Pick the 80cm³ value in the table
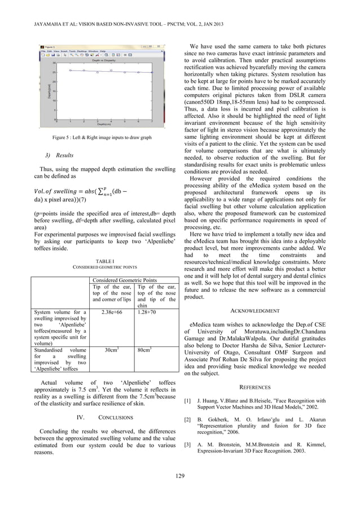pos(147,350)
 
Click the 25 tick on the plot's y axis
pos(53,72)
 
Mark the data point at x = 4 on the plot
pos(111,71)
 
